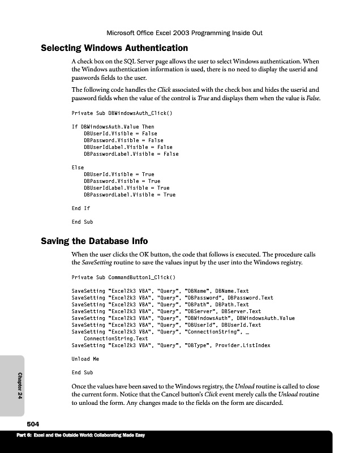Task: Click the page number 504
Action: click(x=33, y=424)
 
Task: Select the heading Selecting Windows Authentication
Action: click(x=114, y=48)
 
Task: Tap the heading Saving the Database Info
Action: click(x=95, y=241)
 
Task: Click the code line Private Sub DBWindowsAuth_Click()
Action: click(x=122, y=113)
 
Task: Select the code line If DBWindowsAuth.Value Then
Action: click(x=113, y=127)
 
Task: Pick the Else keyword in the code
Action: click(x=78, y=168)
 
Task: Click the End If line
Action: click(x=80, y=208)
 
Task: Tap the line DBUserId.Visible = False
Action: click(x=121, y=134)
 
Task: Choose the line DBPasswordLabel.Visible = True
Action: click(x=130, y=195)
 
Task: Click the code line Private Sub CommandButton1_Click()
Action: click(x=123, y=277)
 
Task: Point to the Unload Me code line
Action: click(x=85, y=359)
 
